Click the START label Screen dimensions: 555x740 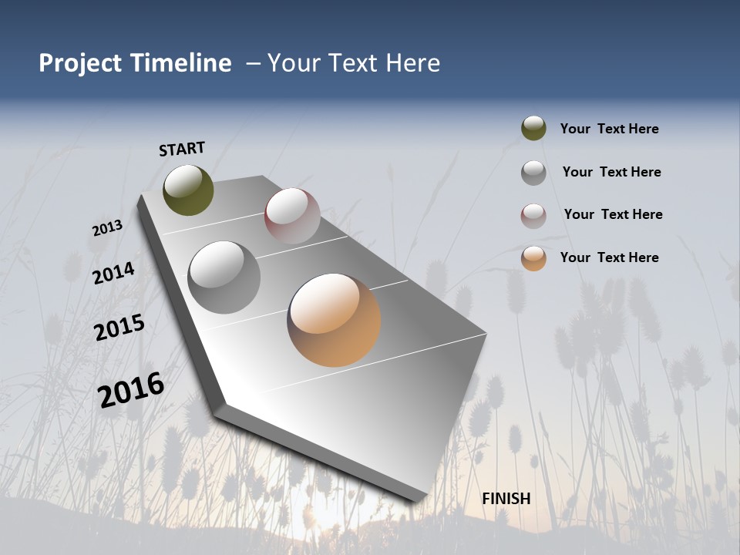(x=182, y=149)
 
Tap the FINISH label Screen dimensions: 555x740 (x=506, y=499)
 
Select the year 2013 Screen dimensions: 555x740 (x=107, y=228)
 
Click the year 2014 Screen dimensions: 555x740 (x=113, y=273)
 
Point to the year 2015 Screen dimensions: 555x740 (x=119, y=328)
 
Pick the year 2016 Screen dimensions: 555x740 (x=131, y=390)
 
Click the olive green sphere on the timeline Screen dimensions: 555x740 (x=188, y=190)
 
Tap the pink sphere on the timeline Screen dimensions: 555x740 (x=292, y=216)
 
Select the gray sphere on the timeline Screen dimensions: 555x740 (x=224, y=277)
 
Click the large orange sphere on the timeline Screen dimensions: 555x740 (x=334, y=320)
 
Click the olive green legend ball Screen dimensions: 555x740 (x=533, y=129)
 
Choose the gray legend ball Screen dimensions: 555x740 (x=533, y=173)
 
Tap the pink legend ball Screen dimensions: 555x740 (x=533, y=215)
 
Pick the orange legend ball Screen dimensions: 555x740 (x=533, y=258)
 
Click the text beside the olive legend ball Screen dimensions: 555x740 (x=609, y=129)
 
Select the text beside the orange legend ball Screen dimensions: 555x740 (x=609, y=257)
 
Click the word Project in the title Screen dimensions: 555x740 (x=79, y=63)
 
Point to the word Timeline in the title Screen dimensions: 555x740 (x=181, y=63)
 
